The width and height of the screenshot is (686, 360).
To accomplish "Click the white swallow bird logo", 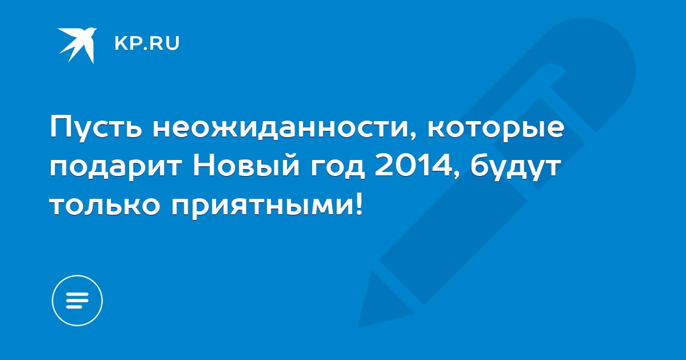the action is (x=77, y=45).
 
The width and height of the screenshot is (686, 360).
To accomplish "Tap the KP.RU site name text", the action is (x=147, y=43).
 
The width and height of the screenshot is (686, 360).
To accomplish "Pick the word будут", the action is (x=515, y=167).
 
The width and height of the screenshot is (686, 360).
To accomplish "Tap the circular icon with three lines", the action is (x=77, y=301).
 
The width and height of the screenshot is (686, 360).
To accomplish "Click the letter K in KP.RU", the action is (x=121, y=43).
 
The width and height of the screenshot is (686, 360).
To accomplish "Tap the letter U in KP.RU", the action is (x=173, y=43).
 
